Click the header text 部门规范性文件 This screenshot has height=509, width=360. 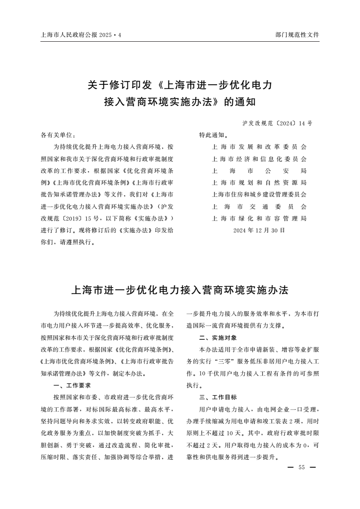[297, 35]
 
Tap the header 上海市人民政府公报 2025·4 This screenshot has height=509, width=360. [81, 35]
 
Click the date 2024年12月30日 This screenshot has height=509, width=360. [259, 230]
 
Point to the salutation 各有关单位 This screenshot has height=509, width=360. [58, 135]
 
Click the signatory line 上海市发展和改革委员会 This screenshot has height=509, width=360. [259, 147]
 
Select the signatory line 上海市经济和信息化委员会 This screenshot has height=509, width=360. [259, 159]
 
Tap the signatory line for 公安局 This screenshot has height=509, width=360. [259, 171]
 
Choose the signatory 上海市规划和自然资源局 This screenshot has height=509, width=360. [259, 183]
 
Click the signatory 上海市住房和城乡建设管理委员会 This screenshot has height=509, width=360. [259, 195]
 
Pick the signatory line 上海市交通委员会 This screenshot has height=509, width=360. [259, 206]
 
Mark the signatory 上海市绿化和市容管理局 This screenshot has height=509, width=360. [259, 218]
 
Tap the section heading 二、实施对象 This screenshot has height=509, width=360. [218, 338]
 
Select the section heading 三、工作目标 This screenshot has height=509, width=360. [218, 397]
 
